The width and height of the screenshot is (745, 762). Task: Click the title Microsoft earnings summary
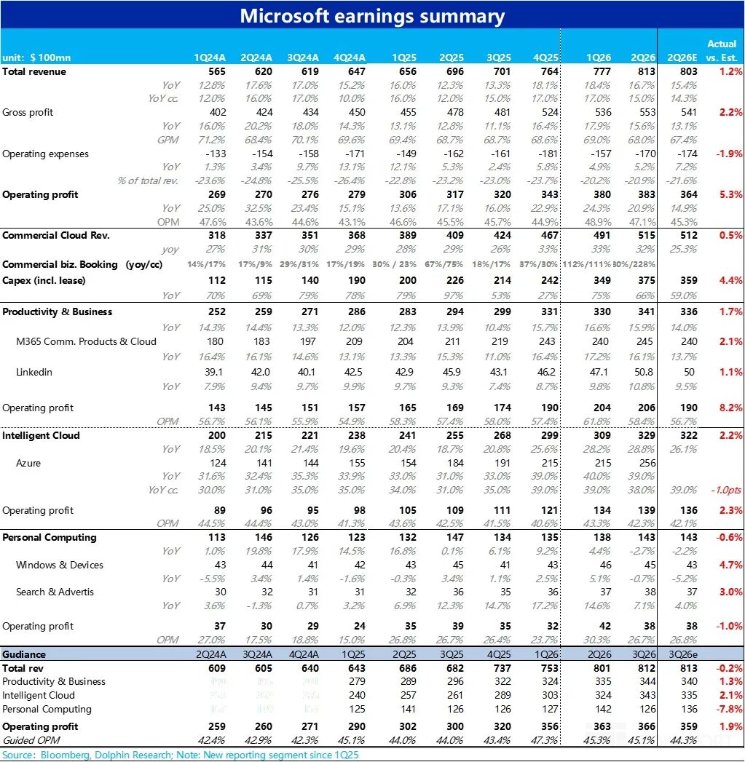(372, 16)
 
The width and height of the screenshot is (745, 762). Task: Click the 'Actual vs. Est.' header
(722, 51)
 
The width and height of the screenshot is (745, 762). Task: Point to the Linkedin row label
(34, 373)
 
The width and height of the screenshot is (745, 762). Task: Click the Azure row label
(28, 463)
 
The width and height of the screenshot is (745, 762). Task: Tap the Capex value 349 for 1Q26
(602, 281)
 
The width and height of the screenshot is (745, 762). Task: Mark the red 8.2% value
(730, 408)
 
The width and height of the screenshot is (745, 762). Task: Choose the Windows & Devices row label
(60, 565)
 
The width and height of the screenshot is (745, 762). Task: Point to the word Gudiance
(25, 654)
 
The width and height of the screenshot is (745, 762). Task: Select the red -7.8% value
(728, 710)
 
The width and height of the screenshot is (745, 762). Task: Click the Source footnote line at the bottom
(180, 755)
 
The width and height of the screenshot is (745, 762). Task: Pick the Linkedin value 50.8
(644, 373)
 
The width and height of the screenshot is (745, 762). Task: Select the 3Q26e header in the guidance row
(682, 654)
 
